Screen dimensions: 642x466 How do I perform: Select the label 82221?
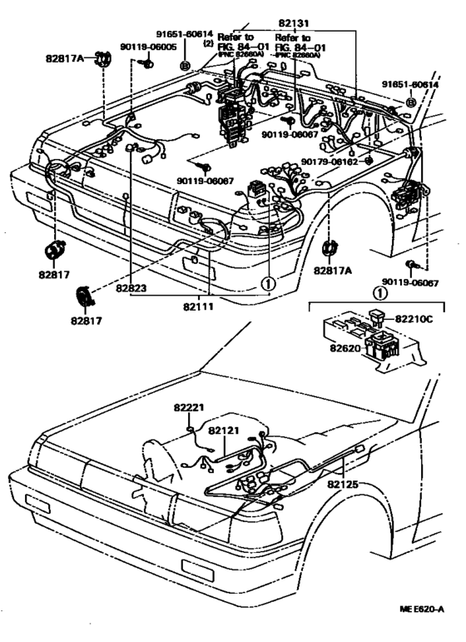click(x=189, y=407)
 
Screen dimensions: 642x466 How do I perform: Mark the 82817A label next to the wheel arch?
click(x=333, y=270)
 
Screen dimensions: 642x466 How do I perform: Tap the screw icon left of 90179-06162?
click(x=369, y=159)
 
